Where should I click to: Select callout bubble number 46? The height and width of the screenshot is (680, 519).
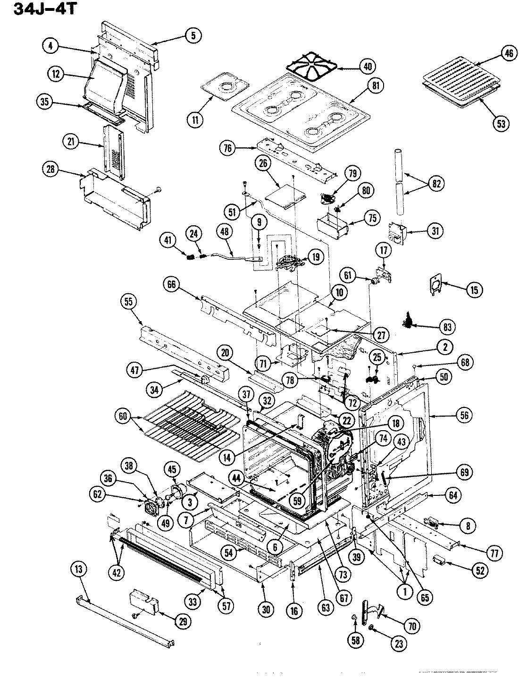(x=508, y=53)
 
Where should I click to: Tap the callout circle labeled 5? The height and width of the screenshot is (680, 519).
(x=193, y=34)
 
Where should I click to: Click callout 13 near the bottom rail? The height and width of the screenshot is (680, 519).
(x=78, y=570)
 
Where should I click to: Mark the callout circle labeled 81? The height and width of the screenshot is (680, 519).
(x=376, y=85)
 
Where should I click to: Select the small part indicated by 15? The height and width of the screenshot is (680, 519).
(x=437, y=285)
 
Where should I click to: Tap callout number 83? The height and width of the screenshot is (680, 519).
(x=447, y=327)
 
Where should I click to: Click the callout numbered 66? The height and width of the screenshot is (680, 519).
(x=173, y=285)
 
